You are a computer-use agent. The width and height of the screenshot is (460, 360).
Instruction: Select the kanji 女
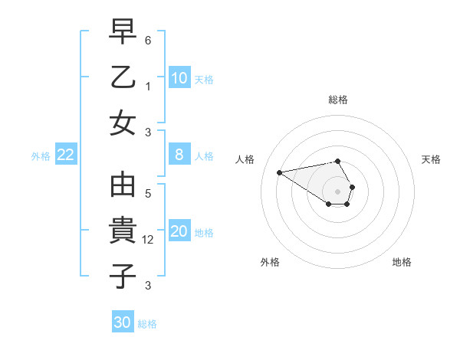[x=123, y=123]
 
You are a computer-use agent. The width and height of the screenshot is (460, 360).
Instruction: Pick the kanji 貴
[x=123, y=231]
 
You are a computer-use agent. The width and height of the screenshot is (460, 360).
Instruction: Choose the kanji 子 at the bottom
[x=123, y=276]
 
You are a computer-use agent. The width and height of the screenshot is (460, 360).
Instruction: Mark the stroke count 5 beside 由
[x=149, y=194]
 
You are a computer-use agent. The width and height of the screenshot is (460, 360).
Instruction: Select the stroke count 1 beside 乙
[x=149, y=87]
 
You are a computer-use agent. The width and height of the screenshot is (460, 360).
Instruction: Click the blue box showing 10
[x=179, y=78]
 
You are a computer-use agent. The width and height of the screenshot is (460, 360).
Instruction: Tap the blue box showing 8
[x=179, y=155]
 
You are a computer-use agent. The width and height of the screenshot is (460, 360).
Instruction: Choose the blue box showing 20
[x=179, y=231]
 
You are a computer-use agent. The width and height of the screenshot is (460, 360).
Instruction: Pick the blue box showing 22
[x=65, y=155]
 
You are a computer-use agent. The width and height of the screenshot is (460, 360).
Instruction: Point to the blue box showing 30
[x=123, y=322]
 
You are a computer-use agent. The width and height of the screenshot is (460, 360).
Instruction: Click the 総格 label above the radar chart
[x=338, y=100]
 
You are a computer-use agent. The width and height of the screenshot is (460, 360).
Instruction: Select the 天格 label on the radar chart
[x=432, y=159]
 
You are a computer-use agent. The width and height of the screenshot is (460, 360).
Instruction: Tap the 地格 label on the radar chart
[x=402, y=262]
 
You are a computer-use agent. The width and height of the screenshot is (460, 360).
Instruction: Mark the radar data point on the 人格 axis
[x=279, y=172]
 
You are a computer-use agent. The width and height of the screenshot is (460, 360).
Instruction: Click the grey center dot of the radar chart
[x=338, y=191]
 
